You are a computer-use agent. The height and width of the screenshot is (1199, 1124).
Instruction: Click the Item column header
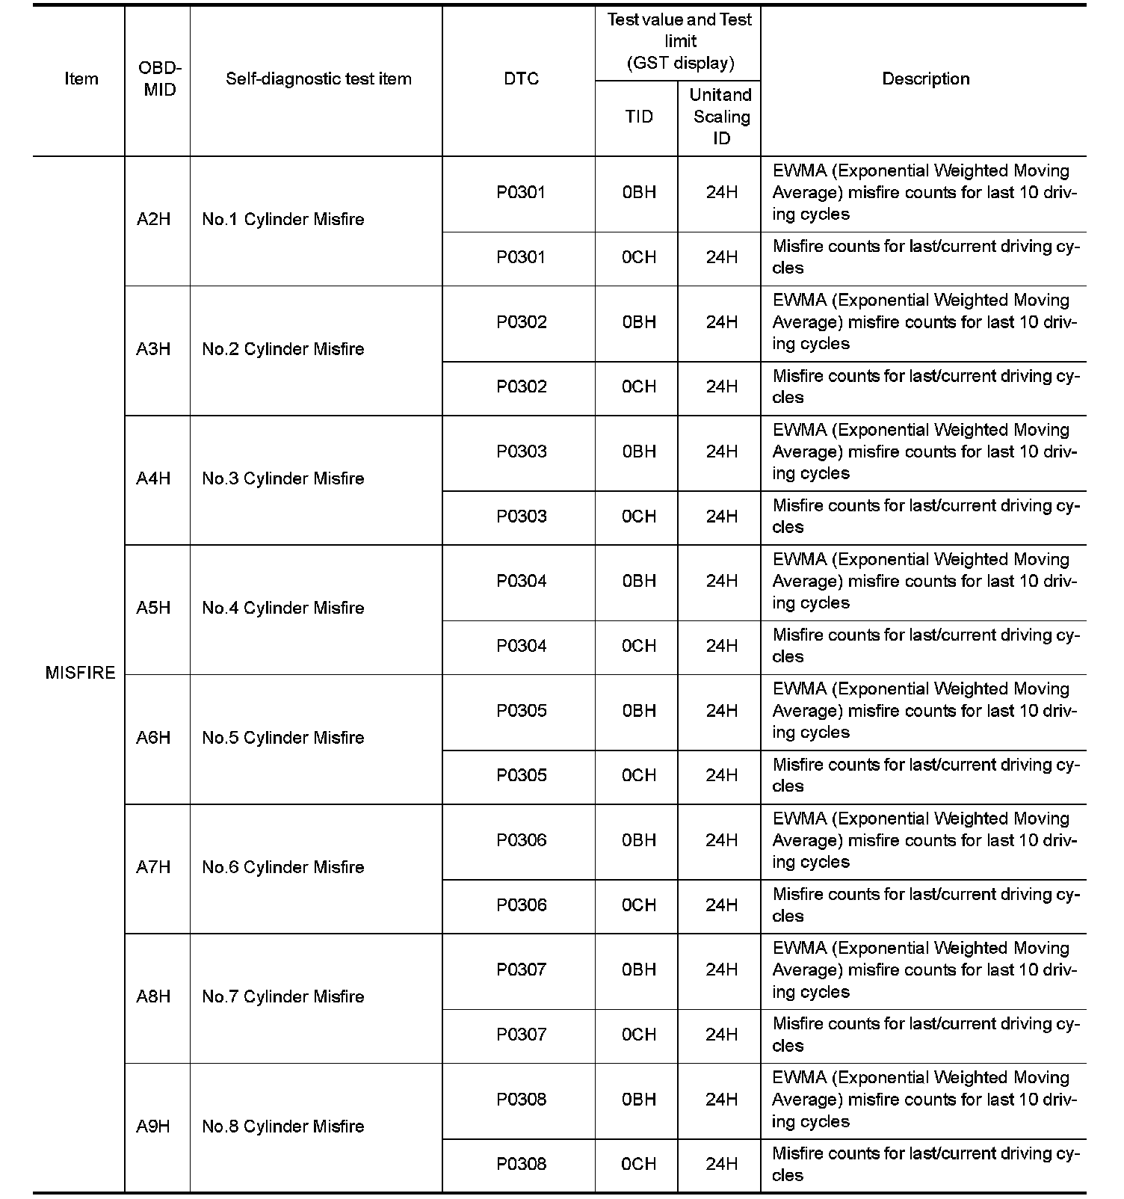[81, 79]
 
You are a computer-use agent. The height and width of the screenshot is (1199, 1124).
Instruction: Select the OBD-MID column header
[159, 79]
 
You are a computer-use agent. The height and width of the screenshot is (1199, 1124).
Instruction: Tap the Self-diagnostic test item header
[318, 79]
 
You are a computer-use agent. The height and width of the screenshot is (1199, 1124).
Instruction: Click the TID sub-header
[639, 117]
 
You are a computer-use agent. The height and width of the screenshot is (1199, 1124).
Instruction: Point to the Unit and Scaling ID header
[720, 117]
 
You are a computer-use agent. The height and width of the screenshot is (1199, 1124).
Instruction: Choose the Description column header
[925, 79]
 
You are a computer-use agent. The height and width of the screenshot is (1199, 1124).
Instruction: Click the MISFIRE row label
[80, 673]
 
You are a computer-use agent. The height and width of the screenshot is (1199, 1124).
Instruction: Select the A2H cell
[153, 220]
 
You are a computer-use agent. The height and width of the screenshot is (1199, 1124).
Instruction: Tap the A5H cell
[153, 608]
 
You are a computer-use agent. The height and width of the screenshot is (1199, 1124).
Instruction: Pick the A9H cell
[153, 1126]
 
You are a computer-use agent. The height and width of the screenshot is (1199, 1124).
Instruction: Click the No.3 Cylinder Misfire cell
[283, 478]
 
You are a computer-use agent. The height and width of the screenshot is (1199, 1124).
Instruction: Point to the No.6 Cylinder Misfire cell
[283, 867]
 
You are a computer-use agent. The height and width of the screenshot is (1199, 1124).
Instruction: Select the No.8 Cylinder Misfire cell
[283, 1126]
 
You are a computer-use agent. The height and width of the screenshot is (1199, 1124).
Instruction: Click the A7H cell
[153, 867]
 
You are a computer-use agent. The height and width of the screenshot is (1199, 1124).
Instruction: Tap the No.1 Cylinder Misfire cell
[283, 220]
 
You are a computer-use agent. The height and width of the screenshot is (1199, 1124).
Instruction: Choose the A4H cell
[153, 478]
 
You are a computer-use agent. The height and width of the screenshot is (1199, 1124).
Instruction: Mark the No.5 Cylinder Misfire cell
[283, 738]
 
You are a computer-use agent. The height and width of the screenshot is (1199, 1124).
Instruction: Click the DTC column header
[521, 79]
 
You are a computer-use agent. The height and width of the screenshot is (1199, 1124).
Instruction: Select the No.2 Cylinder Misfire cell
[283, 349]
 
